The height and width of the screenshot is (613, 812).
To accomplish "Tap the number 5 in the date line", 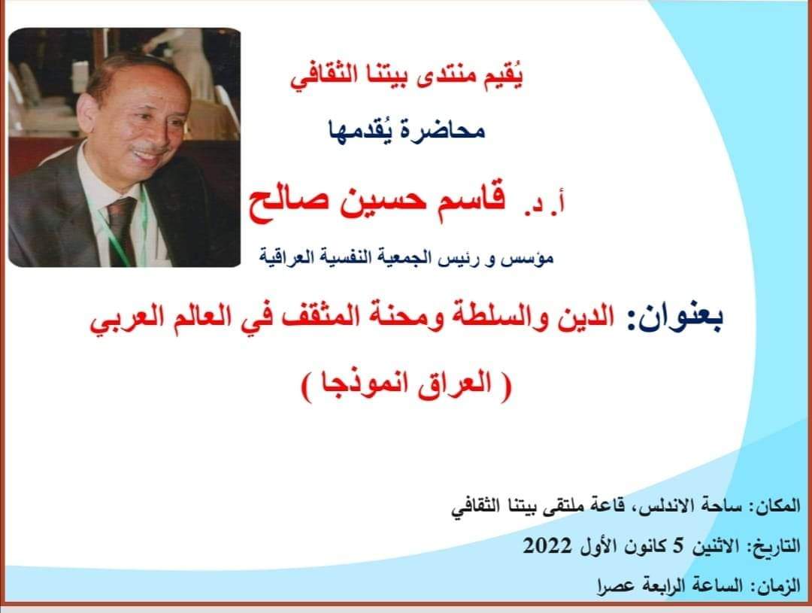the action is coord(679,545).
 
